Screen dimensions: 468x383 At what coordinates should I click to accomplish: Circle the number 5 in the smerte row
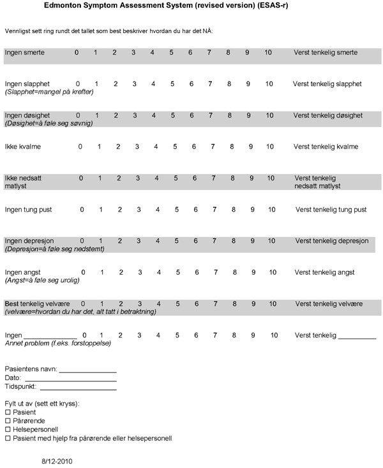[x=171, y=52]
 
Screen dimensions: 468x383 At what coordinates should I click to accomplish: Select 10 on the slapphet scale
[x=269, y=84]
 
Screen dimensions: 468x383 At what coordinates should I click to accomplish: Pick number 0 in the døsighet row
[x=78, y=115]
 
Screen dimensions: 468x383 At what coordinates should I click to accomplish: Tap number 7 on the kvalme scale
[x=213, y=147]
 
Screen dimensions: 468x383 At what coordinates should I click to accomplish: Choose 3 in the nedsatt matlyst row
[x=137, y=178]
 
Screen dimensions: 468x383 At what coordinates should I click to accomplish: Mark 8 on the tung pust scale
[x=233, y=209]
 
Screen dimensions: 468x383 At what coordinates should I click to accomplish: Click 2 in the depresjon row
[x=119, y=240]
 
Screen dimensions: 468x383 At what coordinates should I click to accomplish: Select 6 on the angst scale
[x=197, y=272]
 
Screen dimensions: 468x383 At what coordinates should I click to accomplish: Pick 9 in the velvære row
[x=253, y=303]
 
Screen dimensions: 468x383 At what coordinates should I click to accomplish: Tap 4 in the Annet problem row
[x=158, y=335]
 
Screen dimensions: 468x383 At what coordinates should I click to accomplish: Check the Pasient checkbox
[x=8, y=413]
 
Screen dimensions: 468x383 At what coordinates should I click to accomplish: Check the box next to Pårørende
[x=8, y=421]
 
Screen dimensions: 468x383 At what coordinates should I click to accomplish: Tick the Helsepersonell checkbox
[x=8, y=430]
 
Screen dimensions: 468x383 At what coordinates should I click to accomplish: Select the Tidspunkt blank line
[x=78, y=388]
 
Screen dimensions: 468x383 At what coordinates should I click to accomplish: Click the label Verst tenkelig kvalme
[x=326, y=147]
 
